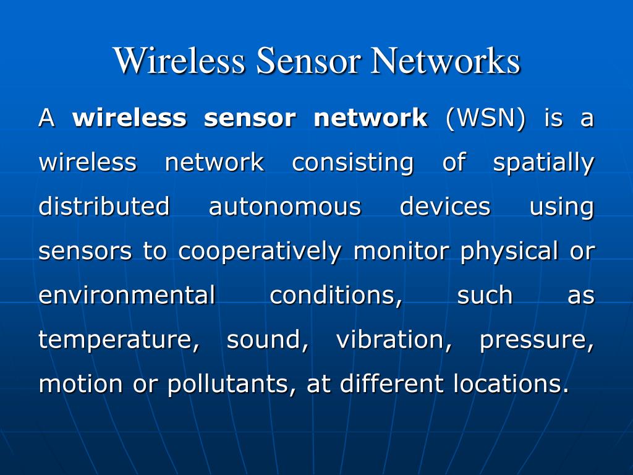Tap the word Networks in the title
pos(444,61)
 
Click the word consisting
pos(352,163)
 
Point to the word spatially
pos(543,163)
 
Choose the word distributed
pos(104,207)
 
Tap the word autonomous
pos(284,207)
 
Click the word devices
pos(445,207)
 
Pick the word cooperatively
pos(260,252)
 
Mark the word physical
pos(509,252)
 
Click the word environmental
pos(127,296)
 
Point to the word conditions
pos(336,296)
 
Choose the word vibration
pos(394,340)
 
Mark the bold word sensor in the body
pos(250,118)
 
